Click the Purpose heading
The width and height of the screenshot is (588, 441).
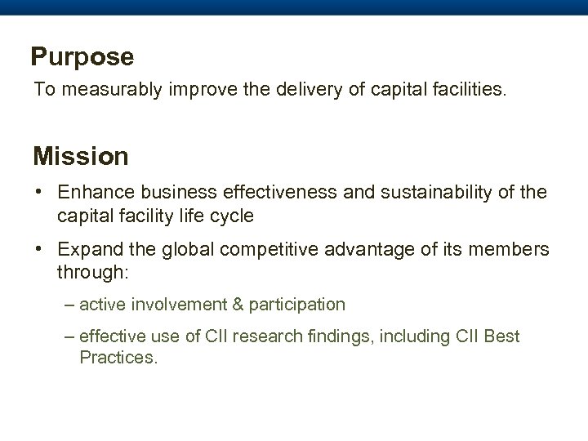click(x=82, y=57)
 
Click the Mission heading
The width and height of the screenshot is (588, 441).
click(x=80, y=154)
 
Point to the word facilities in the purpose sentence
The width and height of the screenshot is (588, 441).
click(x=465, y=89)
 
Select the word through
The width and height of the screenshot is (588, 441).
click(x=88, y=270)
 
